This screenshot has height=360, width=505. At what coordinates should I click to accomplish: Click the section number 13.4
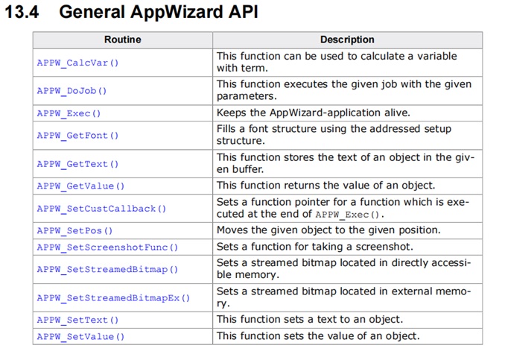tap(22, 12)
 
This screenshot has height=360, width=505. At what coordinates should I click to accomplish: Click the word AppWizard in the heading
tap(177, 13)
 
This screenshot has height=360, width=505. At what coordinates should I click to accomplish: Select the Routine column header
tap(123, 40)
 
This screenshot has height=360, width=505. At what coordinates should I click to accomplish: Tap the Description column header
tap(347, 40)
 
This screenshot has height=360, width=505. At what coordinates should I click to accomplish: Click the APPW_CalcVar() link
tap(77, 63)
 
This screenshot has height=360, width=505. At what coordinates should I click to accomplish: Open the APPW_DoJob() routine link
tap(72, 91)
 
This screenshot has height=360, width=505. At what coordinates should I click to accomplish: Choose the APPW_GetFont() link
tap(77, 136)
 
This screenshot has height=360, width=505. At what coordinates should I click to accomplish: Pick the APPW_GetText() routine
tap(77, 164)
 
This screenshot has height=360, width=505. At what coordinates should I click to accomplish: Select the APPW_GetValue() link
tap(80, 186)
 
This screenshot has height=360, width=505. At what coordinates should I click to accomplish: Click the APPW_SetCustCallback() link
tap(101, 209)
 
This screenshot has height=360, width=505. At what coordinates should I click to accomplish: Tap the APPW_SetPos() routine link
tap(74, 231)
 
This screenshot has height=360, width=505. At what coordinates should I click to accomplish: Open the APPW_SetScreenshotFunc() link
tap(107, 247)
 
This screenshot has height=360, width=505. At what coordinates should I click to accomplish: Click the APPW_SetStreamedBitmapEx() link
tap(113, 298)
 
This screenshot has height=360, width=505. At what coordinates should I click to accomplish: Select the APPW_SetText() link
tap(77, 320)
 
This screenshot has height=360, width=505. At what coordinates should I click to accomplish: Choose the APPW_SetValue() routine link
tap(80, 337)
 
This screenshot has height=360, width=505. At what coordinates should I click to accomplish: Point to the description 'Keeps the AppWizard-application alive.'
tap(314, 113)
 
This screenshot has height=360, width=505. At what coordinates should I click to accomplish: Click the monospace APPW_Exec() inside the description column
tap(348, 215)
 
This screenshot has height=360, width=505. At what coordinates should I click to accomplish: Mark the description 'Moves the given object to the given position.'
tap(328, 230)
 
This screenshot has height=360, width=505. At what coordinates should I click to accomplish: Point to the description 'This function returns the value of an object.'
tap(326, 186)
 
